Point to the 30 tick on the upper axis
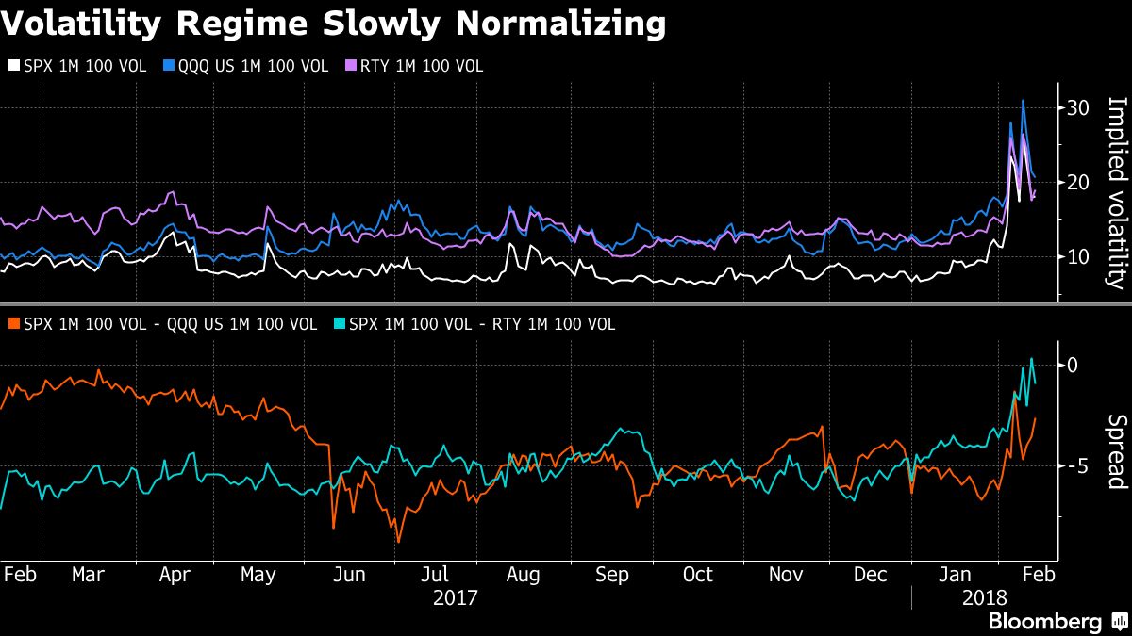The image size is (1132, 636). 1078,108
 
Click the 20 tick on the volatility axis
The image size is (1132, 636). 1078,182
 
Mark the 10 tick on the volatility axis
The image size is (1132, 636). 1078,256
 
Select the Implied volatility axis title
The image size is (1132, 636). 1116,193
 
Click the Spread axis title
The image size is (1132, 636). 1116,452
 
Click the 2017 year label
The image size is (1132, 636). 455,597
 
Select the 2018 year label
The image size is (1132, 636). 986,597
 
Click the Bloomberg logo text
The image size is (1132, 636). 1044,622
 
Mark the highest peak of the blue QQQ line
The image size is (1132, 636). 1024,101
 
